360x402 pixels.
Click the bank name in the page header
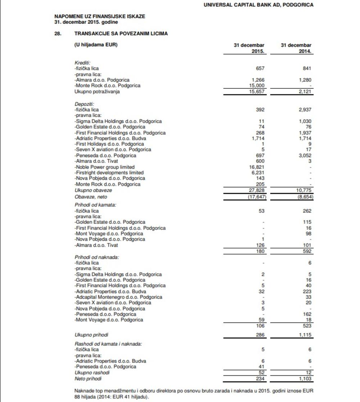[x=258, y=5]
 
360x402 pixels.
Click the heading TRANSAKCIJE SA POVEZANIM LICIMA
[x=121, y=33]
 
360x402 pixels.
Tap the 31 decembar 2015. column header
[x=249, y=48]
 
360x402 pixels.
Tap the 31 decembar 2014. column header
[x=296, y=48]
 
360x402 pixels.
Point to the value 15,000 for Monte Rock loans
[x=257, y=86]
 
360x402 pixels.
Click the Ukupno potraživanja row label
[x=97, y=92]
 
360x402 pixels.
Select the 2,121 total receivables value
[x=305, y=92]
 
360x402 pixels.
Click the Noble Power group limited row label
[x=104, y=167]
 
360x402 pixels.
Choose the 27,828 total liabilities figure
[x=257, y=190]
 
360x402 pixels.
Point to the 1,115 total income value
[x=305, y=335]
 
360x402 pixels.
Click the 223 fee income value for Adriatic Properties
[x=307, y=291]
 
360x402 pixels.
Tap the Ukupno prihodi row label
[x=91, y=335]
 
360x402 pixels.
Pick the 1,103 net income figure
[x=305, y=379]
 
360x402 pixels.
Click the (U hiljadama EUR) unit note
[x=96, y=45]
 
